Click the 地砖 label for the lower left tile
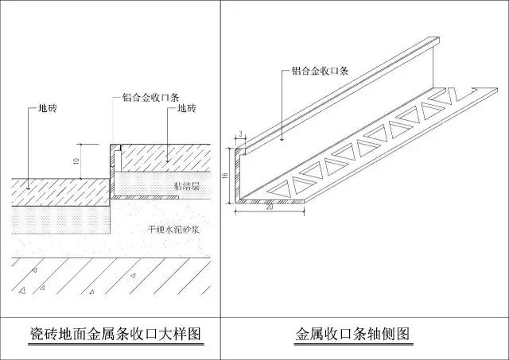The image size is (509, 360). point(48,108)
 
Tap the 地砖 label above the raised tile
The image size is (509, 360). point(187,108)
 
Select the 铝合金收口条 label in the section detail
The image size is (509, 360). point(150,97)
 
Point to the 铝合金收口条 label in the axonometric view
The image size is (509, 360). point(320,71)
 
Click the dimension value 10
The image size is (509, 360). point(76,161)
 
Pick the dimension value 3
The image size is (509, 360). point(240,134)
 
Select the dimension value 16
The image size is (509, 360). point(226,176)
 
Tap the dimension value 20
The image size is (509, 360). point(270,207)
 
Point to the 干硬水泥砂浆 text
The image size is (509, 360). point(173,230)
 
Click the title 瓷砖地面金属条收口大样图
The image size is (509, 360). point(116,334)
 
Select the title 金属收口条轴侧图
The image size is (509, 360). point(353,334)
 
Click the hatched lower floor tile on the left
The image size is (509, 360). point(60,192)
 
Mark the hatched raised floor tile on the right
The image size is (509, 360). point(165,158)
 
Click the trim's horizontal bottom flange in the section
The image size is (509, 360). point(146,197)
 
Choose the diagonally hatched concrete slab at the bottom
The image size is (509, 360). point(111,276)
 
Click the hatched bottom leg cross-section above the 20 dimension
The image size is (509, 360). point(270,202)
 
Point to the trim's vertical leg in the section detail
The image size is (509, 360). point(112,171)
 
